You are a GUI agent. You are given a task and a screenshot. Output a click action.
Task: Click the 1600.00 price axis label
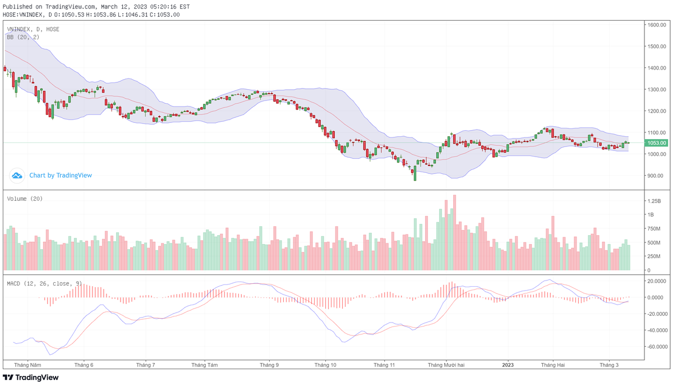click(x=656, y=25)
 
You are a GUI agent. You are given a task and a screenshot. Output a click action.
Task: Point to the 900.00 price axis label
click(x=654, y=176)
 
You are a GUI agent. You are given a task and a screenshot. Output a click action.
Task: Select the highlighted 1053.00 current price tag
click(x=656, y=143)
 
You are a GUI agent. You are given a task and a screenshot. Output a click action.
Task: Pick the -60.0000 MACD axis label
click(x=656, y=347)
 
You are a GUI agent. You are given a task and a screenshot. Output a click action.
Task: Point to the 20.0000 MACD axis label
click(x=656, y=282)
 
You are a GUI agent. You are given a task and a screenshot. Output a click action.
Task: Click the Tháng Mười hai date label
click(x=446, y=365)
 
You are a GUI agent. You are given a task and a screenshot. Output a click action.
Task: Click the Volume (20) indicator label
click(x=25, y=199)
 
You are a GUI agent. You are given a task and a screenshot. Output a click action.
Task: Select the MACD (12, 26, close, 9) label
click(x=45, y=284)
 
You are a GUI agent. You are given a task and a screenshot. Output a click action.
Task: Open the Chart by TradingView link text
click(x=61, y=176)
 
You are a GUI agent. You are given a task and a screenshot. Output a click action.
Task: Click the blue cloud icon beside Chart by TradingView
click(x=17, y=176)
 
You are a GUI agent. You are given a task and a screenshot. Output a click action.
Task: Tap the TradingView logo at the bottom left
click(x=31, y=378)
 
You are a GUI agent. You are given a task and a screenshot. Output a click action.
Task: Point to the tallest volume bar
click(x=454, y=233)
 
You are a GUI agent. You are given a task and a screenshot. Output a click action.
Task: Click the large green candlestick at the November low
click(x=415, y=173)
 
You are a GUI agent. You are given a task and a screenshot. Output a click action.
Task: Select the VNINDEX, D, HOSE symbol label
click(x=33, y=29)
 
